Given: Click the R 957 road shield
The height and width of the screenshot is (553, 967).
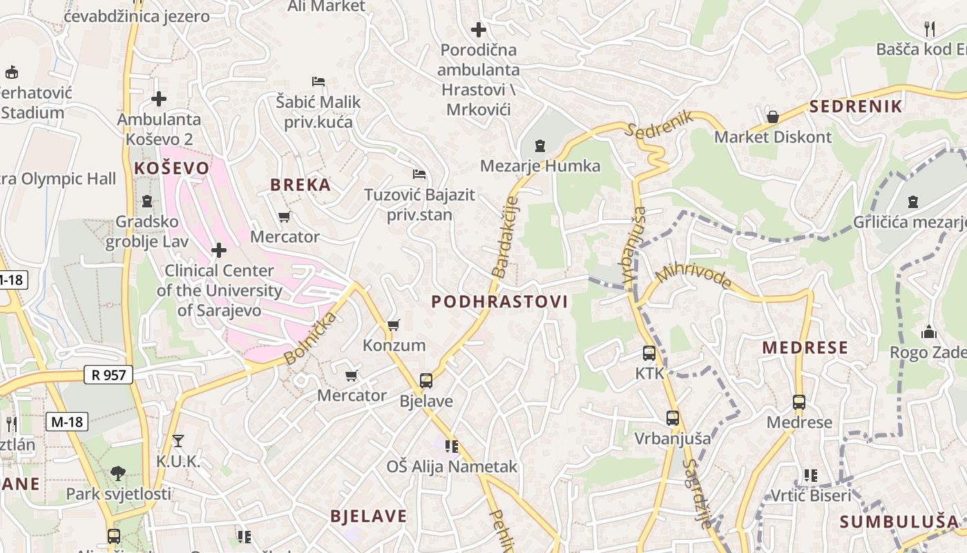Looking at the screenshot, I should pyautogui.click(x=108, y=375).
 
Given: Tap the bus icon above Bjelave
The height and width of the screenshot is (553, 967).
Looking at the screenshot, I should pyautogui.click(x=426, y=381).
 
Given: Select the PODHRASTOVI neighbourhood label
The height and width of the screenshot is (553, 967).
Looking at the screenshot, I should pyautogui.click(x=499, y=301).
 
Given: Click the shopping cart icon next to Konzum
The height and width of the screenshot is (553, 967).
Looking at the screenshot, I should pyautogui.click(x=394, y=325).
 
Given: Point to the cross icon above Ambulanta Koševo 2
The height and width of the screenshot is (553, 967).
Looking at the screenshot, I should pyautogui.click(x=159, y=99).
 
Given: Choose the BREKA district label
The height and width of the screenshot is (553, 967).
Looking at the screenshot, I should pyautogui.click(x=300, y=185).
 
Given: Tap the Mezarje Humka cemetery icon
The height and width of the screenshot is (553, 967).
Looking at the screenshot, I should pyautogui.click(x=540, y=146).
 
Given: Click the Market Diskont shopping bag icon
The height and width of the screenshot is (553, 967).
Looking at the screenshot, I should pyautogui.click(x=773, y=117).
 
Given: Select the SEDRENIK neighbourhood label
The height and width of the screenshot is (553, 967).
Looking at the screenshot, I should pyautogui.click(x=856, y=106).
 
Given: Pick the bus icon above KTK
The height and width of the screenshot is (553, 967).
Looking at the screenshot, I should pyautogui.click(x=649, y=353).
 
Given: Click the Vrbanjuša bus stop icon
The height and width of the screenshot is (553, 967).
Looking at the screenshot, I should pyautogui.click(x=673, y=418).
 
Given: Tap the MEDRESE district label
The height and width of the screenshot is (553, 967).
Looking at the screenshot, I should pyautogui.click(x=805, y=348).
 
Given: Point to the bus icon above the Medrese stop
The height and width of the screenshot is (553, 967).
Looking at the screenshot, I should pyautogui.click(x=799, y=402).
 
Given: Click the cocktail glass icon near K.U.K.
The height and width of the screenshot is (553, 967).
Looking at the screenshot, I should pyautogui.click(x=178, y=441).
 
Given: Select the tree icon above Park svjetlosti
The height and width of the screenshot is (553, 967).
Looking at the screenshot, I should pyautogui.click(x=118, y=474).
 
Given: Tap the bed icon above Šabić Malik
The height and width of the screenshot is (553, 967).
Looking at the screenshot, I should pyautogui.click(x=318, y=82).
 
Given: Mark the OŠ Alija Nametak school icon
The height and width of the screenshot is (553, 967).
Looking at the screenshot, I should pyautogui.click(x=452, y=447).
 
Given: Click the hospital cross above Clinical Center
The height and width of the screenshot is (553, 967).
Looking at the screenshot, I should pyautogui.click(x=219, y=250).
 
